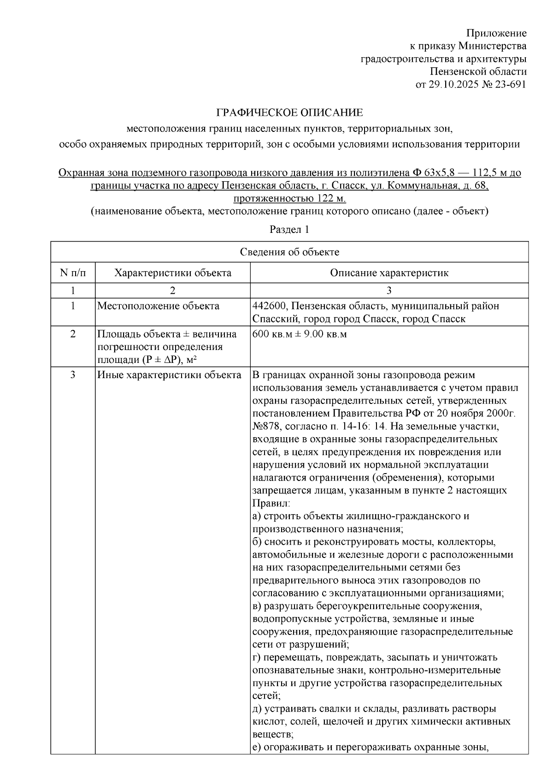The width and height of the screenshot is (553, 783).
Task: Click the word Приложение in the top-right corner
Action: (496, 33)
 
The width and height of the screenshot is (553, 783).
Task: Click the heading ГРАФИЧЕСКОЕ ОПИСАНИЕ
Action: (290, 113)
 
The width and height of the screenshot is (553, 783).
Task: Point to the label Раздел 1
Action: (289, 230)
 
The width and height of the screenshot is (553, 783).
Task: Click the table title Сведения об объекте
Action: (289, 252)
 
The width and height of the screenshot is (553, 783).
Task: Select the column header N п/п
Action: (73, 273)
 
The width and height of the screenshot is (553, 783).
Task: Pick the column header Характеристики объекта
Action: (172, 273)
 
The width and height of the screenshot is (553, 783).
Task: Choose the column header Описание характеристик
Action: (389, 273)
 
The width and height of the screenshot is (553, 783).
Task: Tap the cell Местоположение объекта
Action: (158, 306)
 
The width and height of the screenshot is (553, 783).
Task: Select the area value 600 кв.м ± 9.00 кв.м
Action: (300, 334)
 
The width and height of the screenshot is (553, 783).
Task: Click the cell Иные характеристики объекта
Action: (169, 375)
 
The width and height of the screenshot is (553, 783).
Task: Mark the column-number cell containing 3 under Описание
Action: (389, 291)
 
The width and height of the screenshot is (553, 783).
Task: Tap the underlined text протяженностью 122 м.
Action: (289, 199)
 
